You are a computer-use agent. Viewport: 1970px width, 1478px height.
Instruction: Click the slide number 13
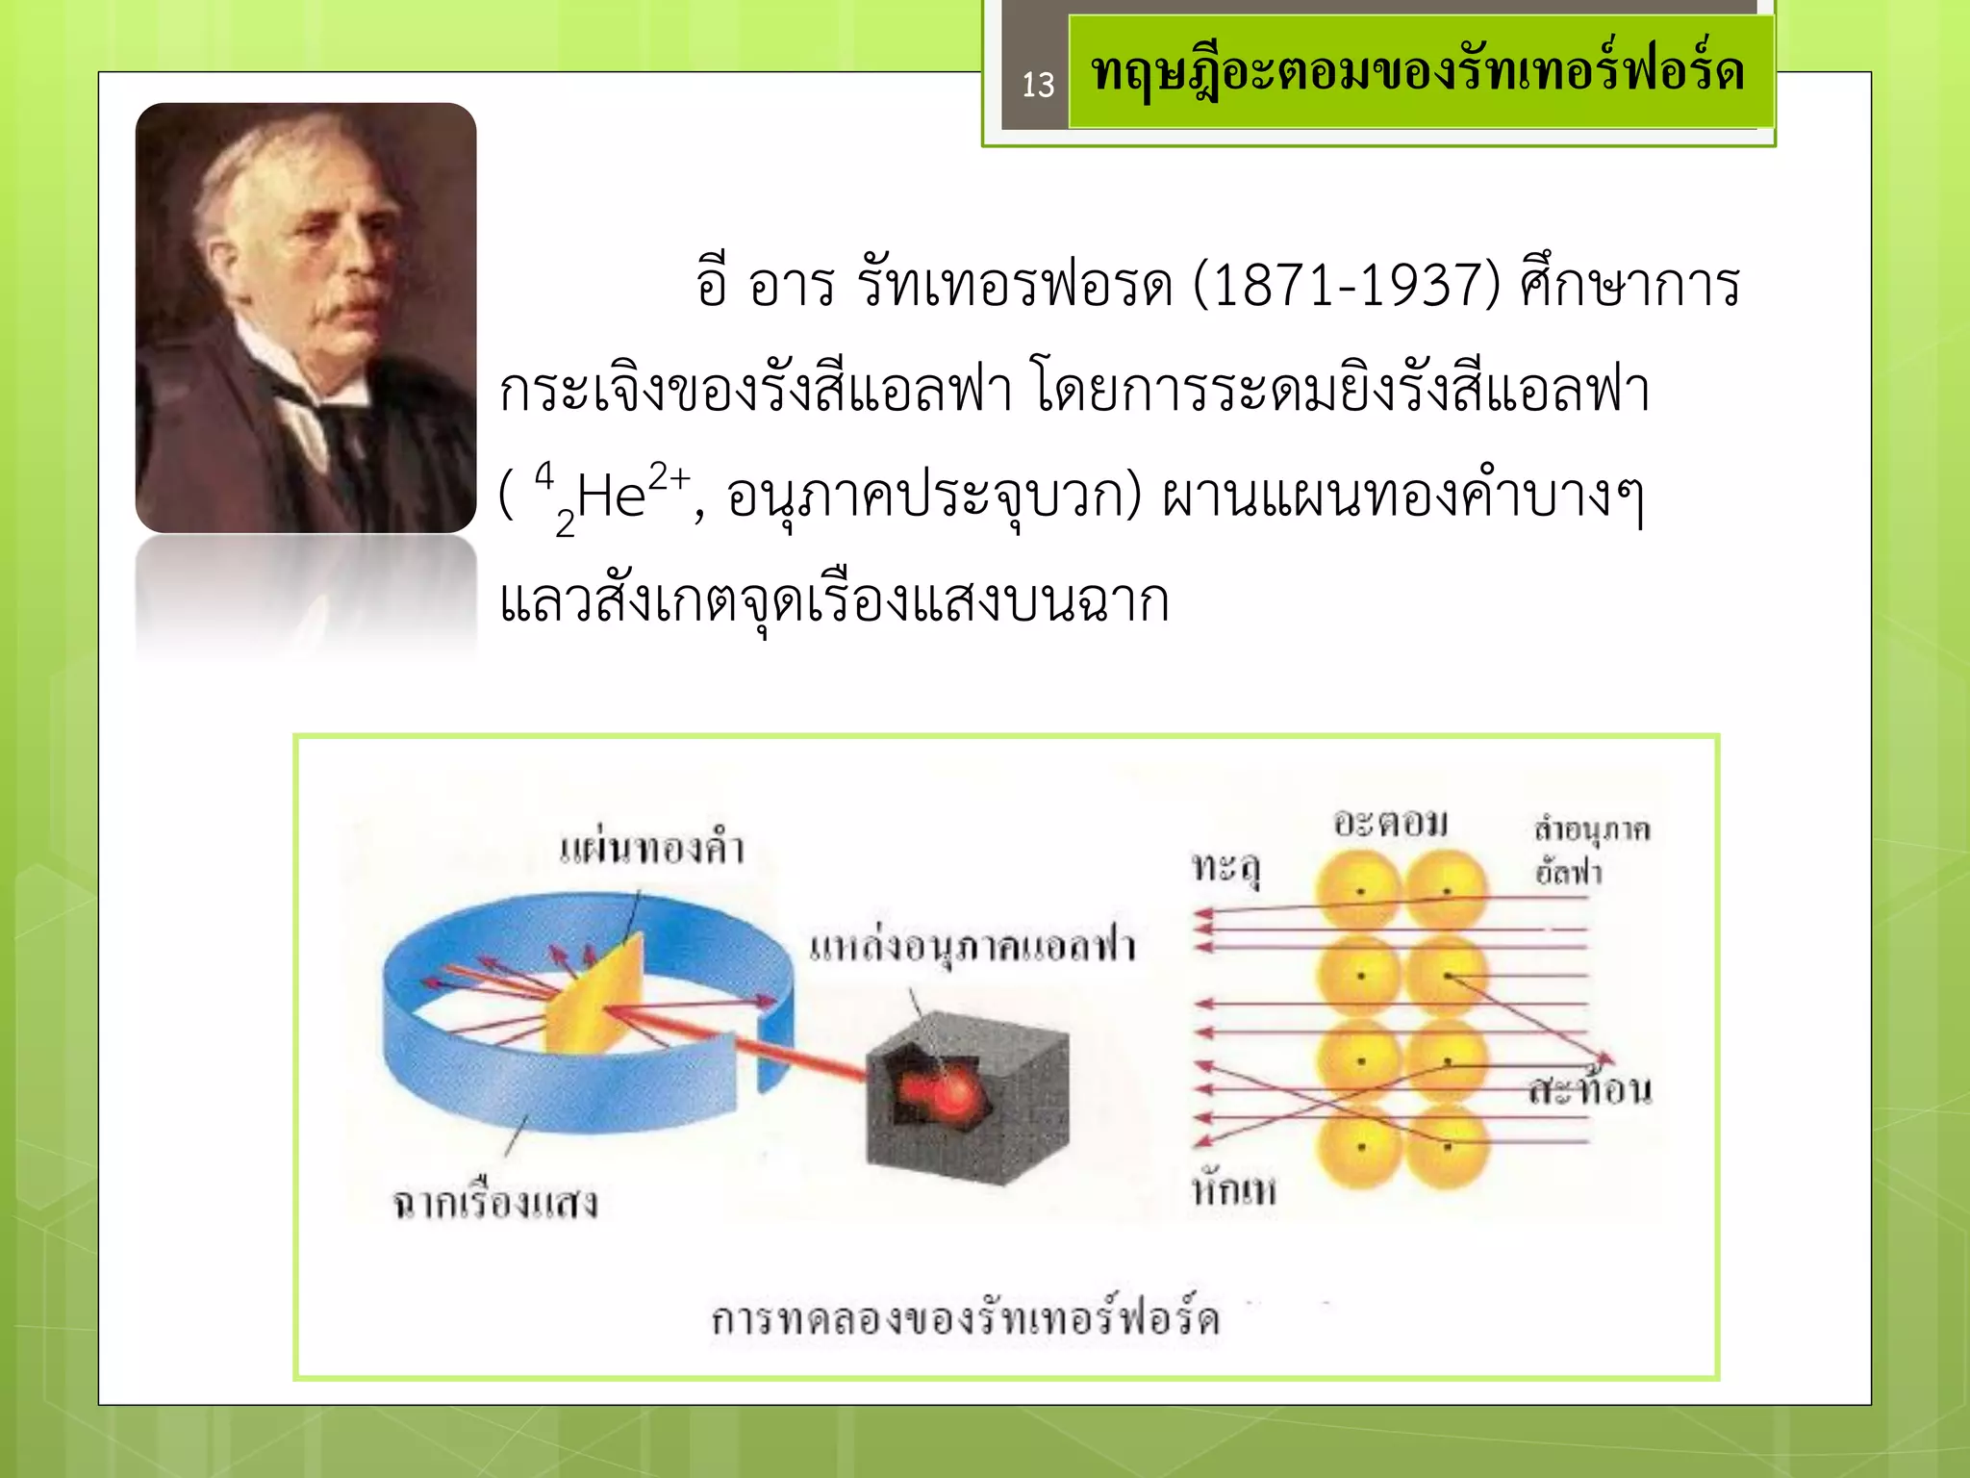point(1038,86)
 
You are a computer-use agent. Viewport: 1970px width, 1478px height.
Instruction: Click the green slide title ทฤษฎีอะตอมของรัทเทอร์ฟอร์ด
point(1418,72)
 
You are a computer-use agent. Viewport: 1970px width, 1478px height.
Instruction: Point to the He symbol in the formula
point(611,497)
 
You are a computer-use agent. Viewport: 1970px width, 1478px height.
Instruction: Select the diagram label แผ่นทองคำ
point(652,850)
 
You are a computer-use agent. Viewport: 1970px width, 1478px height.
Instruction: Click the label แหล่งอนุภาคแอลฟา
point(972,947)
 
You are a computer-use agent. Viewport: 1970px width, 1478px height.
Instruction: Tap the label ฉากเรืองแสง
point(494,1203)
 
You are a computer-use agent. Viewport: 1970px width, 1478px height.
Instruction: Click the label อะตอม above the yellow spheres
point(1390,824)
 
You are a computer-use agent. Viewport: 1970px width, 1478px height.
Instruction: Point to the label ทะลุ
point(1225,868)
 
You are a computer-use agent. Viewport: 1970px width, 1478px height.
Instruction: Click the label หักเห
point(1234,1191)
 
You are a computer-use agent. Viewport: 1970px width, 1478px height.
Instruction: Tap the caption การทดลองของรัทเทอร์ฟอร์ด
point(966,1318)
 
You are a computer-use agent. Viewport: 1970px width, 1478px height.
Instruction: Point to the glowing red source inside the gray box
point(947,1092)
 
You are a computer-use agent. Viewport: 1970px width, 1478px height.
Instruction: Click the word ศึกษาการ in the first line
point(1629,286)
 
